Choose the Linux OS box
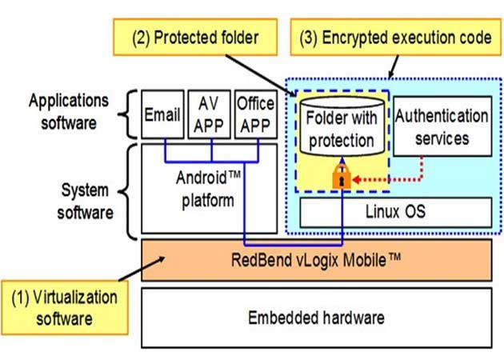396,212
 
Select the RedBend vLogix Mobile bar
316,259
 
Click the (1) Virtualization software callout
64,309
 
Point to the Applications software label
67,112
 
